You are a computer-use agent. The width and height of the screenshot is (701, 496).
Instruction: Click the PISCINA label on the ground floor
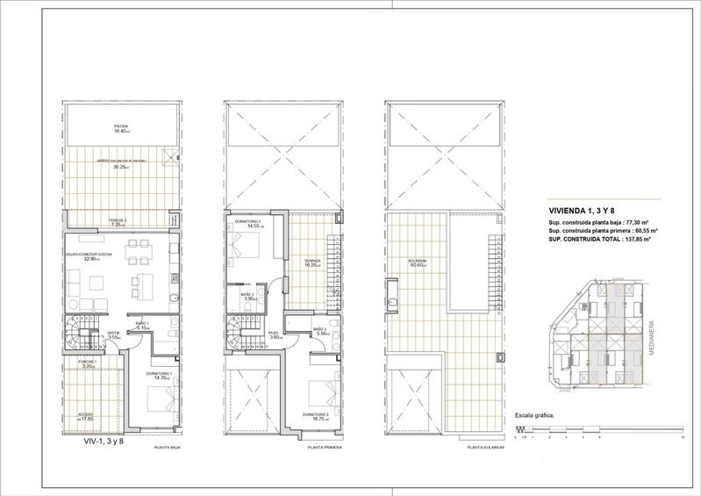pyautogui.click(x=121, y=126)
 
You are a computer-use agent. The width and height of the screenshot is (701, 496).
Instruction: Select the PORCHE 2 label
pyautogui.click(x=119, y=220)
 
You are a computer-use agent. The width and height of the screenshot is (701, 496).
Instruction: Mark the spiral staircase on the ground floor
pyautogui.click(x=76, y=338)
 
